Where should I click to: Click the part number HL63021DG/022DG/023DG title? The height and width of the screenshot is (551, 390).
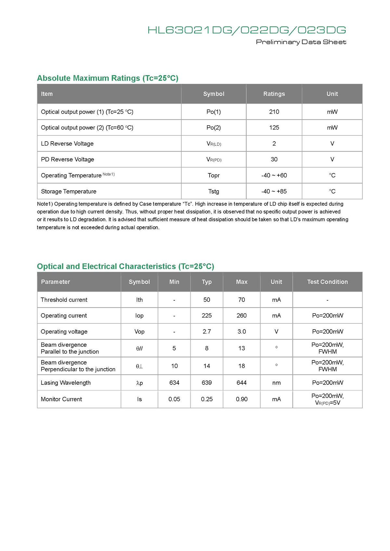point(247,30)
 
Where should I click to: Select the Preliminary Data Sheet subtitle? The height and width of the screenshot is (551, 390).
point(301,42)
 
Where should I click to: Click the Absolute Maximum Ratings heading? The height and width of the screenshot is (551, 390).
point(108,78)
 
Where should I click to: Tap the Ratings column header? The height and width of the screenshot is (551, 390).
point(274,94)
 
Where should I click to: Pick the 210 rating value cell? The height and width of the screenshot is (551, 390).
point(274,112)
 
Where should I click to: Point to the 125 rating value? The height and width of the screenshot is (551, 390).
point(274,128)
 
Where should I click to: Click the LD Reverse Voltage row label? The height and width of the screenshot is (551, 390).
point(67,144)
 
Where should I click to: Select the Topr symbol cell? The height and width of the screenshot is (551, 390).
point(214,175)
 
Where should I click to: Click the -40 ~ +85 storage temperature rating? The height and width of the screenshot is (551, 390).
point(274,191)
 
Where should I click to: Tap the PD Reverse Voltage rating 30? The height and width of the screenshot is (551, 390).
point(274,159)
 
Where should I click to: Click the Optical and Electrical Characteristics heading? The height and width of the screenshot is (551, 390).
point(125,267)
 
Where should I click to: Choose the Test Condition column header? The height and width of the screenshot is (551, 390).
point(327,282)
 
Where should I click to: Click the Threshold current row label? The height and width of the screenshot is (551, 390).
point(64,300)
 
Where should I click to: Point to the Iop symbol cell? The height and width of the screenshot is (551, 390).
point(139,316)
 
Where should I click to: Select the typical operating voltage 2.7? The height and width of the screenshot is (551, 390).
point(207,332)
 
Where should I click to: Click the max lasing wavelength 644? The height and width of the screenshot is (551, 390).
point(241,382)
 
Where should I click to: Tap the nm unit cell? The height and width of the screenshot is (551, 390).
point(276,382)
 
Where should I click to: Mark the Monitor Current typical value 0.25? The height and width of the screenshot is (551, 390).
point(207,399)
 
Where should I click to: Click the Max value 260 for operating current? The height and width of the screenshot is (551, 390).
point(241,316)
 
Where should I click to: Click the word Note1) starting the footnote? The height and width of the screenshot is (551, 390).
point(45,204)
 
